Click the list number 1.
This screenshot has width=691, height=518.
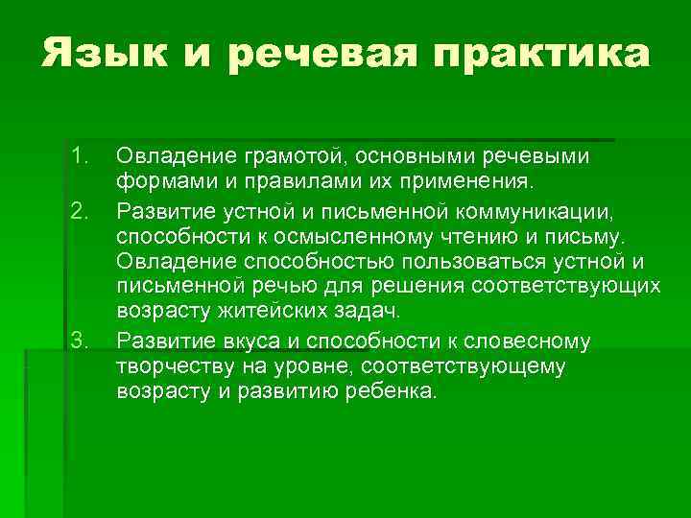79,155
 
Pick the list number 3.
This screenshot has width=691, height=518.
79,341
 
